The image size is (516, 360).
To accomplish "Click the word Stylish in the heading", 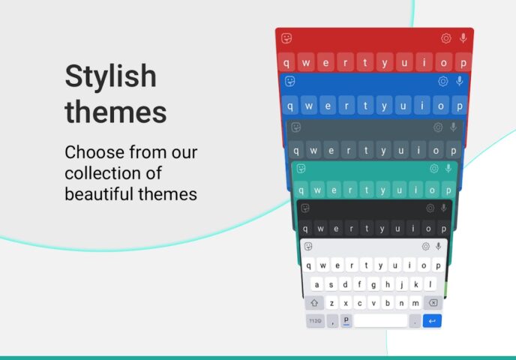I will click(x=110, y=77).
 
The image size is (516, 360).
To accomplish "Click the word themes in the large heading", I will click(x=115, y=112).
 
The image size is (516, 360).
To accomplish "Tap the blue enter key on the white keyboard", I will click(x=432, y=321).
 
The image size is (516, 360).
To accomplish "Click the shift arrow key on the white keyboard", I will click(x=315, y=303).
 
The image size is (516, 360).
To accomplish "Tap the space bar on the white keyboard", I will click(x=380, y=321).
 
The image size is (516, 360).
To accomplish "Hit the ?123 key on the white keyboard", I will click(x=315, y=321).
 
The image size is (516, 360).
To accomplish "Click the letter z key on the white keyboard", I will click(x=332, y=303).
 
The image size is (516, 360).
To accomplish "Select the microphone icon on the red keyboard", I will click(x=463, y=38).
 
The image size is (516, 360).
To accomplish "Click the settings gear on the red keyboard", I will click(x=446, y=38).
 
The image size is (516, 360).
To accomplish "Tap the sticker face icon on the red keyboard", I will click(x=286, y=38).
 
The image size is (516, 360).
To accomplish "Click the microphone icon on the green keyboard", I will click(x=448, y=169).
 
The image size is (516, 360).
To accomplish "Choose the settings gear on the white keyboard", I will click(x=425, y=247).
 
